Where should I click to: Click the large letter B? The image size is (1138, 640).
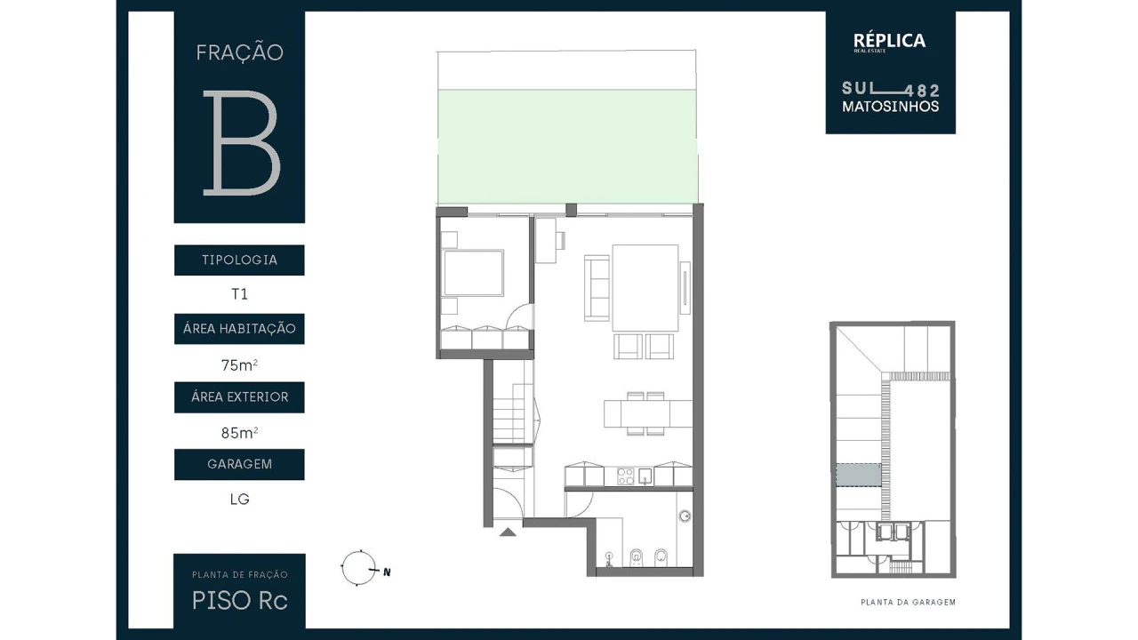(241, 142)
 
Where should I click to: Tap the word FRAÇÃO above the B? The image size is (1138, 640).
(239, 52)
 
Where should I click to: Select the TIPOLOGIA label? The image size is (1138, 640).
(239, 260)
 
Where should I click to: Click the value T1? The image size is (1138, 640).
(239, 294)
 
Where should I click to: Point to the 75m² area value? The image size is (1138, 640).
(239, 364)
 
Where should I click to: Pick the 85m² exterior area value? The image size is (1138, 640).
(239, 433)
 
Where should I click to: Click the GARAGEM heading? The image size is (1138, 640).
(239, 464)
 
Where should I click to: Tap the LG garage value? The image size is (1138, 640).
(239, 499)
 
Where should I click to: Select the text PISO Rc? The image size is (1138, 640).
(239, 601)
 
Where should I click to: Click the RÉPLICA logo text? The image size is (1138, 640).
(889, 41)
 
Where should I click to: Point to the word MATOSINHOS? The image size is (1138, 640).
(890, 107)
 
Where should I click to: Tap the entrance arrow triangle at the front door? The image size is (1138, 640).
(508, 532)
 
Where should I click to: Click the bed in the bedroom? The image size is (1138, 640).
(473, 273)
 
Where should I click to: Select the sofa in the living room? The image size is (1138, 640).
(597, 287)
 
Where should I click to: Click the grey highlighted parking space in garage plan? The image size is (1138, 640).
(858, 475)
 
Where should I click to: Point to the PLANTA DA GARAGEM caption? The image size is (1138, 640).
(908, 602)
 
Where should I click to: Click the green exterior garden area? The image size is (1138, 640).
(566, 146)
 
